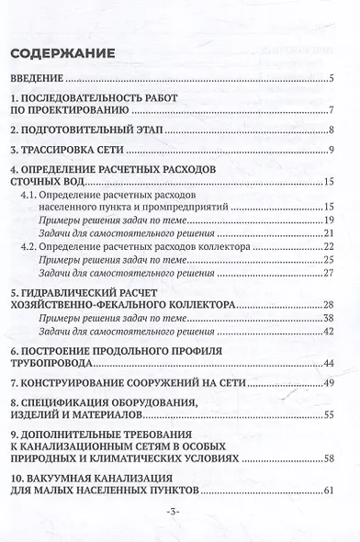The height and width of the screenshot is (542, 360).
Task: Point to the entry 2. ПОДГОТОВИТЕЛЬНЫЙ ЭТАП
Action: (93, 130)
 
